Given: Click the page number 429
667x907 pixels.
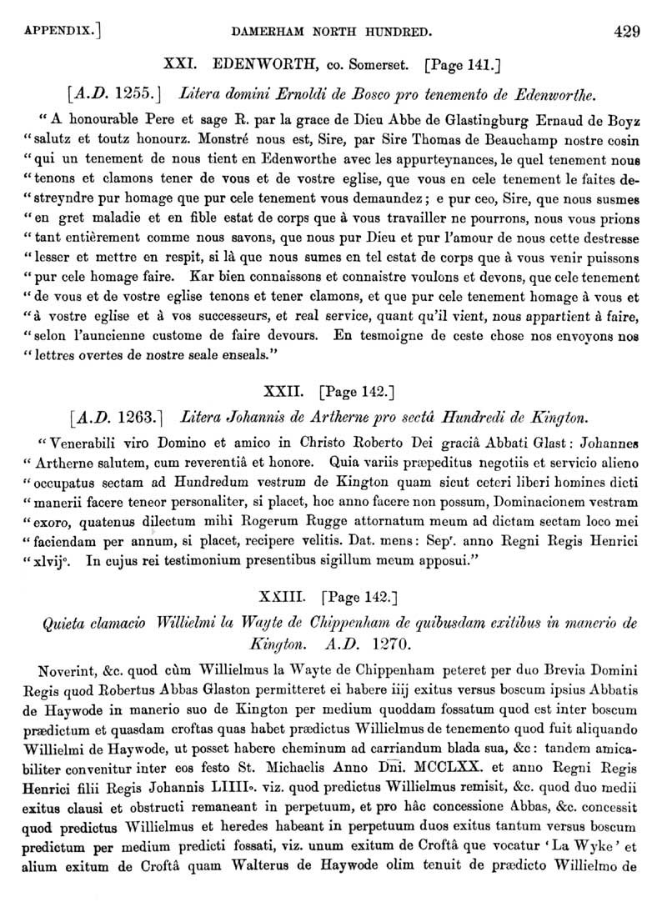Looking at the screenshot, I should point(626,33).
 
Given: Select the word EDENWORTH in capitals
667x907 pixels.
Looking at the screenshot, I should point(259,63).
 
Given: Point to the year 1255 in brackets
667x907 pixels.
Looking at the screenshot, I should point(121,91).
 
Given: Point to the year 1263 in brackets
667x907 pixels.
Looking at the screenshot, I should point(121,414).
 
